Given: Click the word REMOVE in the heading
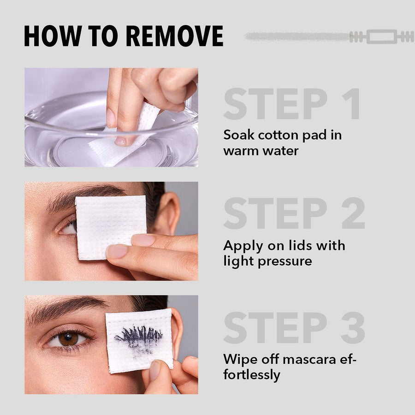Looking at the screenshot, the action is click(x=175, y=36).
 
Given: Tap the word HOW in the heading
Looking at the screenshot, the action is click(x=53, y=36).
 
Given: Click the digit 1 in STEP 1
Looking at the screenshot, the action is click(x=351, y=104).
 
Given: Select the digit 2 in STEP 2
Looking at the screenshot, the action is click(x=353, y=213).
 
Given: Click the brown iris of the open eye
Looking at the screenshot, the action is click(x=68, y=339).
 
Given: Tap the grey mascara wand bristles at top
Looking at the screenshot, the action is click(x=297, y=36).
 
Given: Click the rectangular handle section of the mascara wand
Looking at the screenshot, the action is click(x=382, y=36).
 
